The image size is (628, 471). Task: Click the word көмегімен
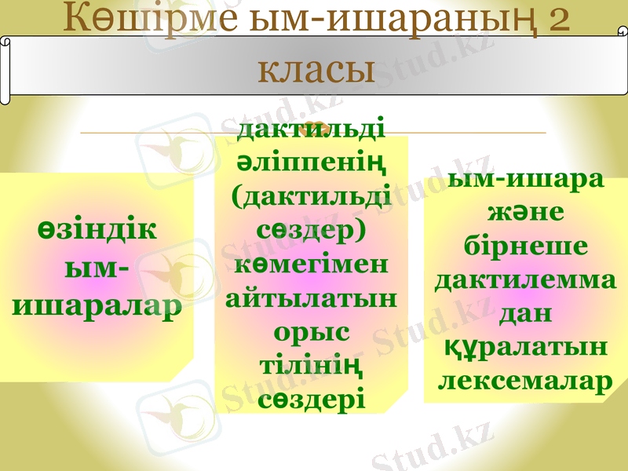(x=312, y=264)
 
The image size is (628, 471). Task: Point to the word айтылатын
(x=312, y=298)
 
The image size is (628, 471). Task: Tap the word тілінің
(x=312, y=365)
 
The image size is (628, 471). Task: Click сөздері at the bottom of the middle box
(x=312, y=398)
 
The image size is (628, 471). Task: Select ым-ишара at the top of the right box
(x=525, y=179)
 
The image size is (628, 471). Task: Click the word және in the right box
(x=525, y=213)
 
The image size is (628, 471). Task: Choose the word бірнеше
(x=525, y=246)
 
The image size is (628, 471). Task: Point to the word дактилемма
(x=525, y=279)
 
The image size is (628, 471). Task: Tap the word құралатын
(x=525, y=346)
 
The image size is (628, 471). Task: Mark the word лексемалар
(x=525, y=380)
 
